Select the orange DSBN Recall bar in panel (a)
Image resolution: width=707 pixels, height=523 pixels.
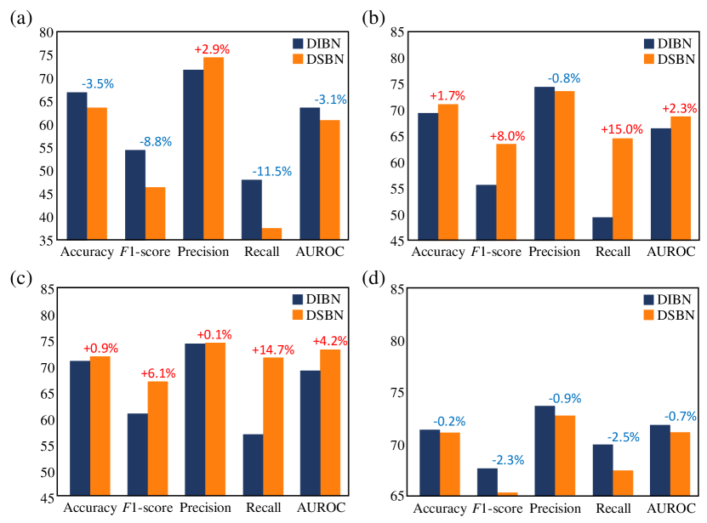[271, 234]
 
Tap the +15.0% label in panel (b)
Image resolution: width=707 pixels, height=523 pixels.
[622, 129]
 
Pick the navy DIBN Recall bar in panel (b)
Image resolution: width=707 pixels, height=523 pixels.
[602, 229]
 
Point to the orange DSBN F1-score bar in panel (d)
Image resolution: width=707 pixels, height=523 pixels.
[507, 494]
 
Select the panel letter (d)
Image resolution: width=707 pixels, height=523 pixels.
[373, 280]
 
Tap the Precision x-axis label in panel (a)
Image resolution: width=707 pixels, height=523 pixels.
[203, 252]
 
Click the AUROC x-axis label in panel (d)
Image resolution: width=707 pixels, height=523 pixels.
[670, 509]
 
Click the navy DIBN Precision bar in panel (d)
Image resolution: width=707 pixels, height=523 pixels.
[545, 451]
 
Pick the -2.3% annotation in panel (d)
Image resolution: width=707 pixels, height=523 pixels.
[508, 460]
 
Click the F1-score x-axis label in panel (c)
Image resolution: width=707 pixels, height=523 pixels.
[145, 508]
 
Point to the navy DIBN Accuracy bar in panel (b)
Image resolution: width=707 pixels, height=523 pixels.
[428, 177]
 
